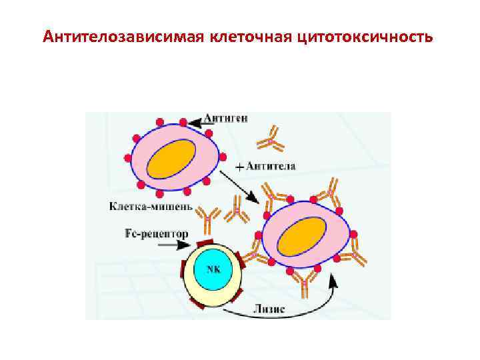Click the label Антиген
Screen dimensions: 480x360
[x=227, y=119]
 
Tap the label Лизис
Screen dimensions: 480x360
[x=269, y=308]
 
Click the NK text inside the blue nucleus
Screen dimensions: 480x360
[x=213, y=269]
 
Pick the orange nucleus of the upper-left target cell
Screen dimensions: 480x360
[x=171, y=159]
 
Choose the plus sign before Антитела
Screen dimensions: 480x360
[x=238, y=166]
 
